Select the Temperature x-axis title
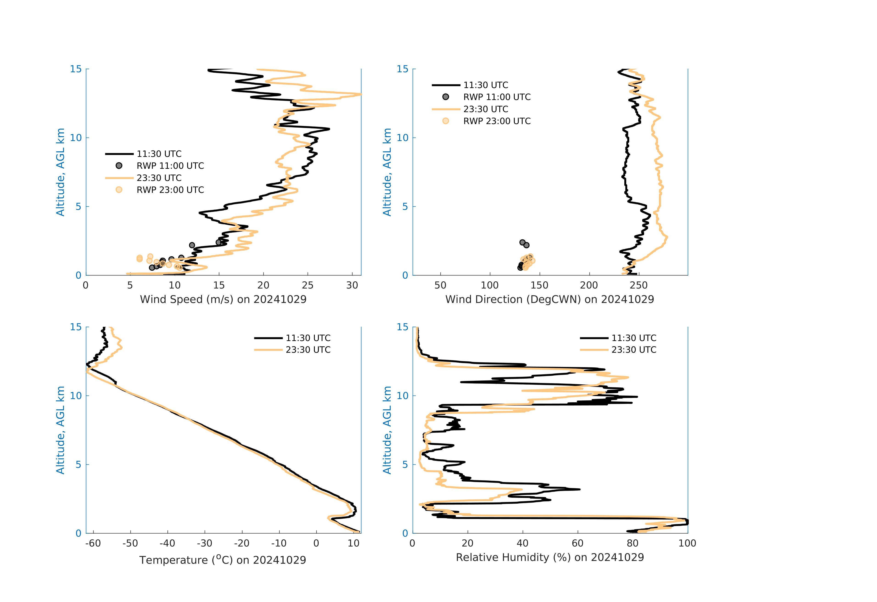pyautogui.click(x=223, y=560)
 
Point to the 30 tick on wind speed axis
pyautogui.click(x=352, y=285)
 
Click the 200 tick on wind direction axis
pyautogui.click(x=589, y=285)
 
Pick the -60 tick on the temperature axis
pyautogui.click(x=93, y=544)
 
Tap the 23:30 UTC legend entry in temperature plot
pyautogui.click(x=308, y=350)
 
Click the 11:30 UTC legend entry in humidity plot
pyautogui.click(x=634, y=338)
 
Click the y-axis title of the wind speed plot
pyautogui.click(x=60, y=172)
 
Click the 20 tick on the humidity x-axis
pyautogui.click(x=468, y=544)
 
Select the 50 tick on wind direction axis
pyautogui.click(x=440, y=285)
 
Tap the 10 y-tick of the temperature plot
pyautogui.click(x=76, y=396)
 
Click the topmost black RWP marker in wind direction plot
pyautogui.click(x=522, y=242)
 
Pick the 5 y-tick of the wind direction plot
pyautogui.click(x=405, y=206)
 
